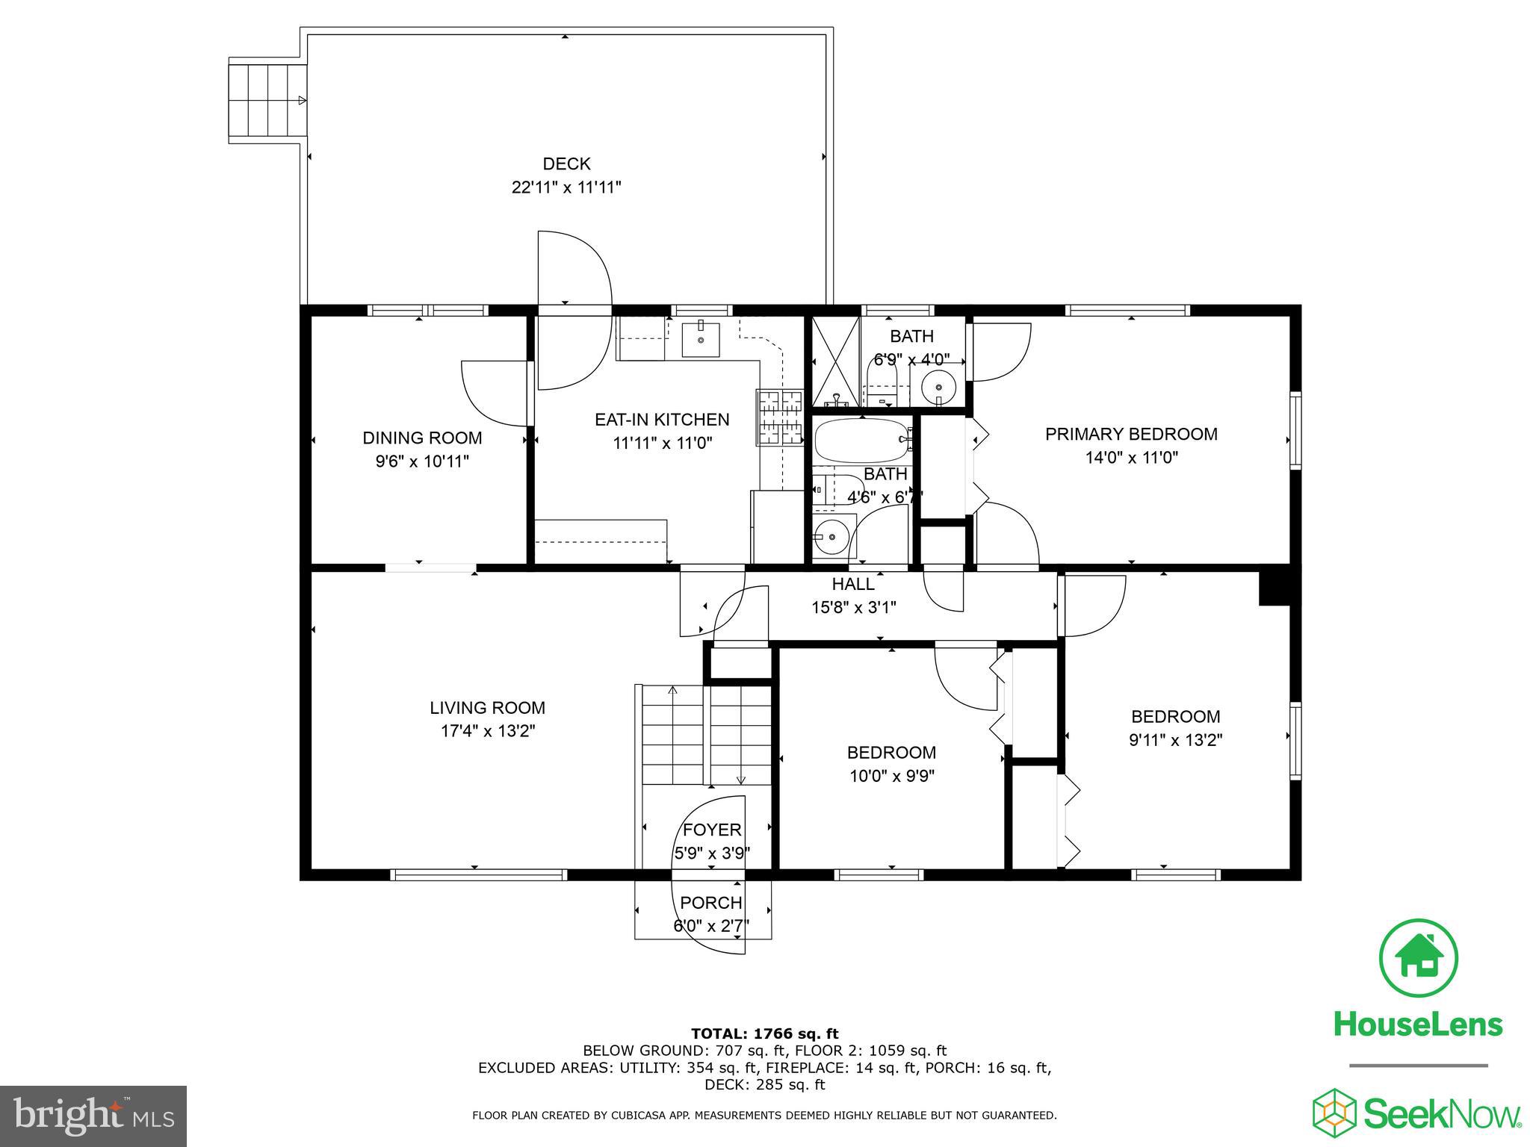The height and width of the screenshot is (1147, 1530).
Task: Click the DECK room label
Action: tap(566, 164)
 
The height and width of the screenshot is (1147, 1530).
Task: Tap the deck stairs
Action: tap(267, 101)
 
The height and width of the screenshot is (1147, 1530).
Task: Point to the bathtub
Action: tap(861, 441)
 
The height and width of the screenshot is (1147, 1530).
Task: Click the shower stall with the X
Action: tap(836, 361)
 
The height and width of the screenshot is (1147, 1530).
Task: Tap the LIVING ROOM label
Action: tap(487, 707)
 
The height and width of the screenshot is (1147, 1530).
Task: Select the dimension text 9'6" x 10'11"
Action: tap(422, 461)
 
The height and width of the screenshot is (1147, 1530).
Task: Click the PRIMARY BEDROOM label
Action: tap(1130, 434)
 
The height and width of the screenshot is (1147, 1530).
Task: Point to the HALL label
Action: tap(853, 584)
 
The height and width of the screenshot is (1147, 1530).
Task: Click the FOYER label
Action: tap(712, 830)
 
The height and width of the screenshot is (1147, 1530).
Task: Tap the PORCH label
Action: tap(710, 903)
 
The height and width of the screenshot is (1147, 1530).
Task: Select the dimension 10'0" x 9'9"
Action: tap(891, 776)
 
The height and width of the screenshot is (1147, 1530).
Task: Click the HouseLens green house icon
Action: tap(1418, 958)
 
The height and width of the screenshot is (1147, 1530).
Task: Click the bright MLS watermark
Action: tap(93, 1115)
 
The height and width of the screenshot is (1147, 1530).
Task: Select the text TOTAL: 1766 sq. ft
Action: tap(764, 1033)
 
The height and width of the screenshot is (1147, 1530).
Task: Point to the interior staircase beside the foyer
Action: tap(706, 734)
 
